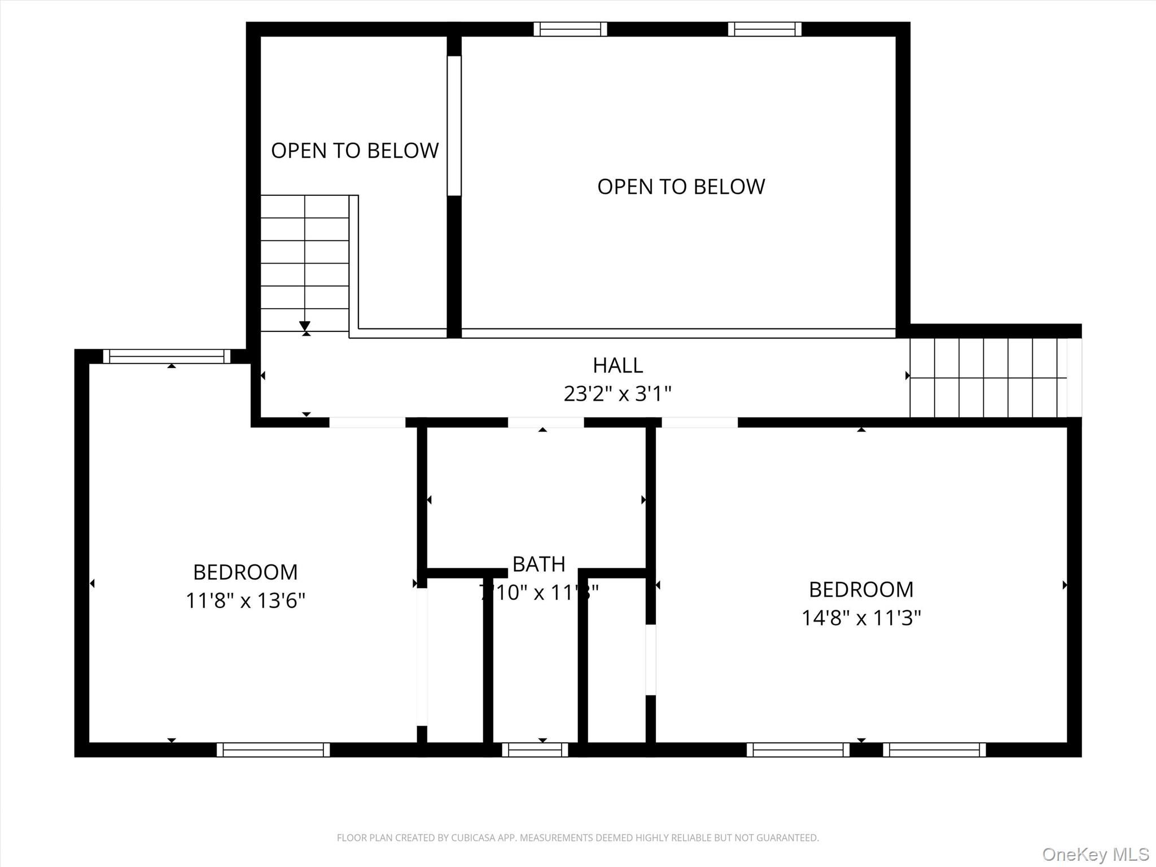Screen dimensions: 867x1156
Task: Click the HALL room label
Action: point(618,366)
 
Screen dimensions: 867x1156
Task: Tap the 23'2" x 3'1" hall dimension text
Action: point(618,393)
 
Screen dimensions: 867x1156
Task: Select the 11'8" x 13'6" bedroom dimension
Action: point(246,601)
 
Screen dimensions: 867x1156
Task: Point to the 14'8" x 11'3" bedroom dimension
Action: point(861,618)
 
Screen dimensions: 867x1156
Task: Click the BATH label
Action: point(538,564)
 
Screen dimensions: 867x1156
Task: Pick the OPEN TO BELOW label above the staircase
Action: point(354,151)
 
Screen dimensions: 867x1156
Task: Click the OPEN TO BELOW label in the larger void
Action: point(681,187)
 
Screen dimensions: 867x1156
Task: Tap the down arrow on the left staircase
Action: point(305,326)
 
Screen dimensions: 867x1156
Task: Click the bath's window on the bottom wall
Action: point(535,750)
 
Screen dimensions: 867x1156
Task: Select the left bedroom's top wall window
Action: point(167,356)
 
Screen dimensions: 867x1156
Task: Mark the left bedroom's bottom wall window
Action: point(273,750)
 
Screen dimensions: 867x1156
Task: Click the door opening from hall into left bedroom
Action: point(367,422)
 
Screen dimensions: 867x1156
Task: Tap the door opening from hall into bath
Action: point(545,422)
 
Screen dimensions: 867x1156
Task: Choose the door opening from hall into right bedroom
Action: point(699,422)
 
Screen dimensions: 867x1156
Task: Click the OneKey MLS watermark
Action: point(1095,854)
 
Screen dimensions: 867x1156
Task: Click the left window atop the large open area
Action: point(570,29)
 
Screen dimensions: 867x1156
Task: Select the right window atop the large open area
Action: point(764,29)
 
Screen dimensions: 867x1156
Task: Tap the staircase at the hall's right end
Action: point(988,378)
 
